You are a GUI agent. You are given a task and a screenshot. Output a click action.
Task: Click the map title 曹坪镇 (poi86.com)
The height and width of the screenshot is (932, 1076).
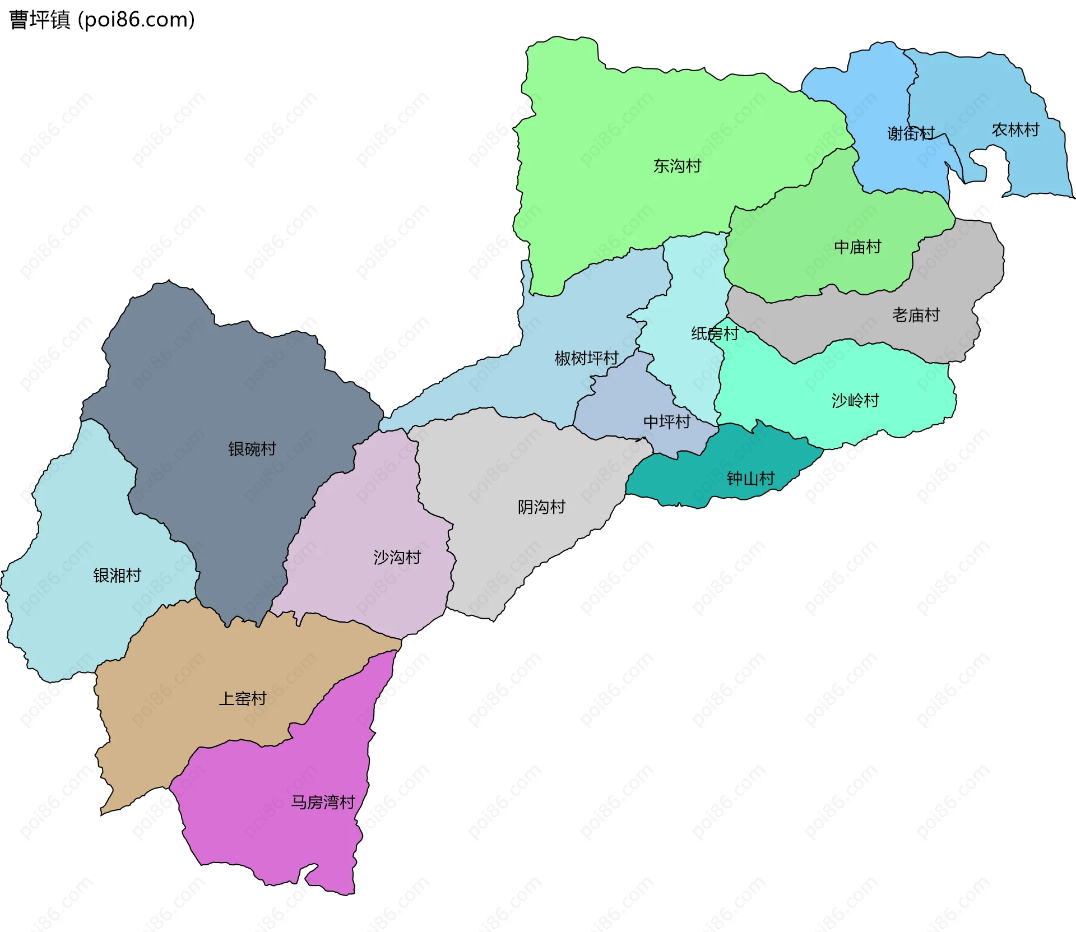point(102,20)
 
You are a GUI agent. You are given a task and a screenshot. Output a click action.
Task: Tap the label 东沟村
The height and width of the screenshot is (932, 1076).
point(677,166)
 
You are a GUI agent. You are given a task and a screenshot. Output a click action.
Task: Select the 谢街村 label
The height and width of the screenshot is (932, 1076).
point(911,133)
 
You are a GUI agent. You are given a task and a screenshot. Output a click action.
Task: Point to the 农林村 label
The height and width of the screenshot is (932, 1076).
point(1015,130)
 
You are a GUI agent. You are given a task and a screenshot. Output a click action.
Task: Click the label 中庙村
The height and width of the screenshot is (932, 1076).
point(857,247)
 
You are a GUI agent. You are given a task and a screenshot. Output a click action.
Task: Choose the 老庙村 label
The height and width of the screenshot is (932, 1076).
point(916,315)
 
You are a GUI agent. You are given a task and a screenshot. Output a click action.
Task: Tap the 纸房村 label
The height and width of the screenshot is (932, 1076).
point(715,333)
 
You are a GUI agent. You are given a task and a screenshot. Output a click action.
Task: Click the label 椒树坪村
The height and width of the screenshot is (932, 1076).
point(586,358)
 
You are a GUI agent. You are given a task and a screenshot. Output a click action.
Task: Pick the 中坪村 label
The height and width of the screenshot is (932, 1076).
point(666,421)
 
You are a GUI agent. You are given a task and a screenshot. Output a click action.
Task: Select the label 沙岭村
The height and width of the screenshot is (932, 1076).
point(855,400)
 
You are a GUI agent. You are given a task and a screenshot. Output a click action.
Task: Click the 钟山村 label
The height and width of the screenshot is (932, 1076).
point(750,478)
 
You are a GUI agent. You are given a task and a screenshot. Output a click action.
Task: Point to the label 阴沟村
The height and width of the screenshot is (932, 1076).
point(541,507)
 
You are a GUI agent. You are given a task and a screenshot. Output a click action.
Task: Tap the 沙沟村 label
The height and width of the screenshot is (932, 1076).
point(397,557)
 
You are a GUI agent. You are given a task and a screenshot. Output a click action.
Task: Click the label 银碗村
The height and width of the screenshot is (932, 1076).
point(252,449)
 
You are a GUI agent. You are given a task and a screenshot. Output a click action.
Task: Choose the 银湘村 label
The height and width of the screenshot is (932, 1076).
point(117,575)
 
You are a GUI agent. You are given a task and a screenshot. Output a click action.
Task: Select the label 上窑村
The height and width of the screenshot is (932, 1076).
point(242,698)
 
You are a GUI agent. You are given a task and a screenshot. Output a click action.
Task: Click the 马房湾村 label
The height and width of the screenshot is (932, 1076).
point(323,802)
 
